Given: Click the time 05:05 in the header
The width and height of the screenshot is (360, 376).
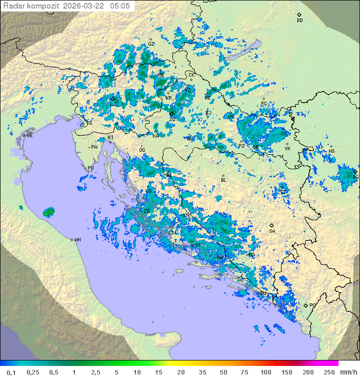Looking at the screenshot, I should (120, 6).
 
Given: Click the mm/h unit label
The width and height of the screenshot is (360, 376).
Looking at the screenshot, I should (347, 372).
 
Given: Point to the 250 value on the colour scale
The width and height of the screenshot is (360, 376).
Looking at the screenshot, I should (328, 372).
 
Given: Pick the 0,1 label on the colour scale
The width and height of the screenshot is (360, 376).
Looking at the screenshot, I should (11, 372).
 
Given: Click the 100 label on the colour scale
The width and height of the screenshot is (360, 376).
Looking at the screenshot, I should (265, 372).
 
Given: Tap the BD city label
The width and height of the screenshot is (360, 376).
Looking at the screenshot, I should (299, 21).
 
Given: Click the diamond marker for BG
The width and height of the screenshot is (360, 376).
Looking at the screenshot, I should (355, 171).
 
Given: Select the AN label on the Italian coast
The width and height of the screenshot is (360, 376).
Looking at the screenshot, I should (77, 240).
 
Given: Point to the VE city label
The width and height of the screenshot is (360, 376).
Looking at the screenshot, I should (29, 136).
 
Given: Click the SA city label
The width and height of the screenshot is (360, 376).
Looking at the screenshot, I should (272, 231).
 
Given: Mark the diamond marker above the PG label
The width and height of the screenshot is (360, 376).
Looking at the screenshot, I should (306, 305).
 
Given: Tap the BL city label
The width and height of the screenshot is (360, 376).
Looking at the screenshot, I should (223, 180).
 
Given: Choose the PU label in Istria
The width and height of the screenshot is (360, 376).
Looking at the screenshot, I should (90, 168).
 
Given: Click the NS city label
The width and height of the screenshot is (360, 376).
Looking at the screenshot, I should (331, 151).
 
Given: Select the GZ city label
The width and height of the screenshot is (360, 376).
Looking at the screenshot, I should (151, 44).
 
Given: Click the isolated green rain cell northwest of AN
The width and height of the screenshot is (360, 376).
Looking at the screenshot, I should (48, 212).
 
